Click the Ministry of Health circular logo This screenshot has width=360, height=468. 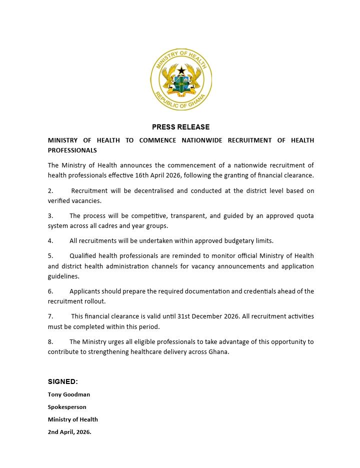coord(181,80)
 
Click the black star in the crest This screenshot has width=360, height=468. coord(181,71)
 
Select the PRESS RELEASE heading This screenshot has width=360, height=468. coord(181,127)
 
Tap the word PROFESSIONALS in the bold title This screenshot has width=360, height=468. coord(72,150)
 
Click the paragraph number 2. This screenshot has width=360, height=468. coord(50,191)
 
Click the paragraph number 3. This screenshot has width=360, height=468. coord(50,216)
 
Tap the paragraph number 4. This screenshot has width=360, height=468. coord(50,241)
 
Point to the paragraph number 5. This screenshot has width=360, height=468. coord(50,256)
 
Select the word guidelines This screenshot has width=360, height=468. coord(63,276)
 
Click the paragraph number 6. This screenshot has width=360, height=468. coord(50,291)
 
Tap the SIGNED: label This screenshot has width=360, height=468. coord(63,382)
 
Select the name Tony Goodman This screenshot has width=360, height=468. coord(69,394)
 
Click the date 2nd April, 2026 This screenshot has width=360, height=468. coord(69,432)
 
